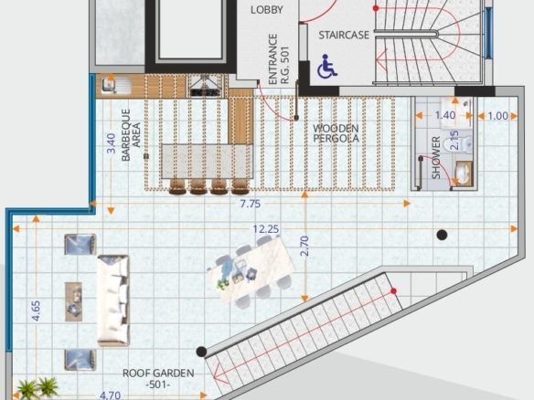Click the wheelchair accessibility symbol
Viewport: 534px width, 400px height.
[327, 66]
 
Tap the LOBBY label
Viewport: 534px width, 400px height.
[267, 10]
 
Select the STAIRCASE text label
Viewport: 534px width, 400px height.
[344, 35]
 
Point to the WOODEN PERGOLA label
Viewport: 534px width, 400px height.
[336, 133]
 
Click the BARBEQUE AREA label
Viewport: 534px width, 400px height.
[131, 134]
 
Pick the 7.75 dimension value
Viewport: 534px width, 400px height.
[251, 204]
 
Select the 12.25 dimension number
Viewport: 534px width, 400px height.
[266, 229]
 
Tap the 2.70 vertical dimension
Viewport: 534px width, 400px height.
[304, 246]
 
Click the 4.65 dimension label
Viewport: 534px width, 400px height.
[36, 311]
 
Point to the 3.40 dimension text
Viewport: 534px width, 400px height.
[111, 142]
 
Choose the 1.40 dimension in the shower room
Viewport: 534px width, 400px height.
[445, 115]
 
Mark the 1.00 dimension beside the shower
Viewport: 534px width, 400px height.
[498, 116]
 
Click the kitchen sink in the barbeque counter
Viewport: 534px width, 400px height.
[116, 85]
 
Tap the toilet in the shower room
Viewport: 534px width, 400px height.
[465, 145]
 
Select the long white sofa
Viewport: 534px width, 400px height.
[113, 300]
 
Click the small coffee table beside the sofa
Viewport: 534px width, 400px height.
[73, 301]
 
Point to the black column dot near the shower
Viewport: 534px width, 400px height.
[442, 235]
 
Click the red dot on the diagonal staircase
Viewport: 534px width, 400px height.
[394, 291]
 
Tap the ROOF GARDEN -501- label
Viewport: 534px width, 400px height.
[158, 379]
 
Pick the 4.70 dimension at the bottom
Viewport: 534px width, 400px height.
[111, 395]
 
